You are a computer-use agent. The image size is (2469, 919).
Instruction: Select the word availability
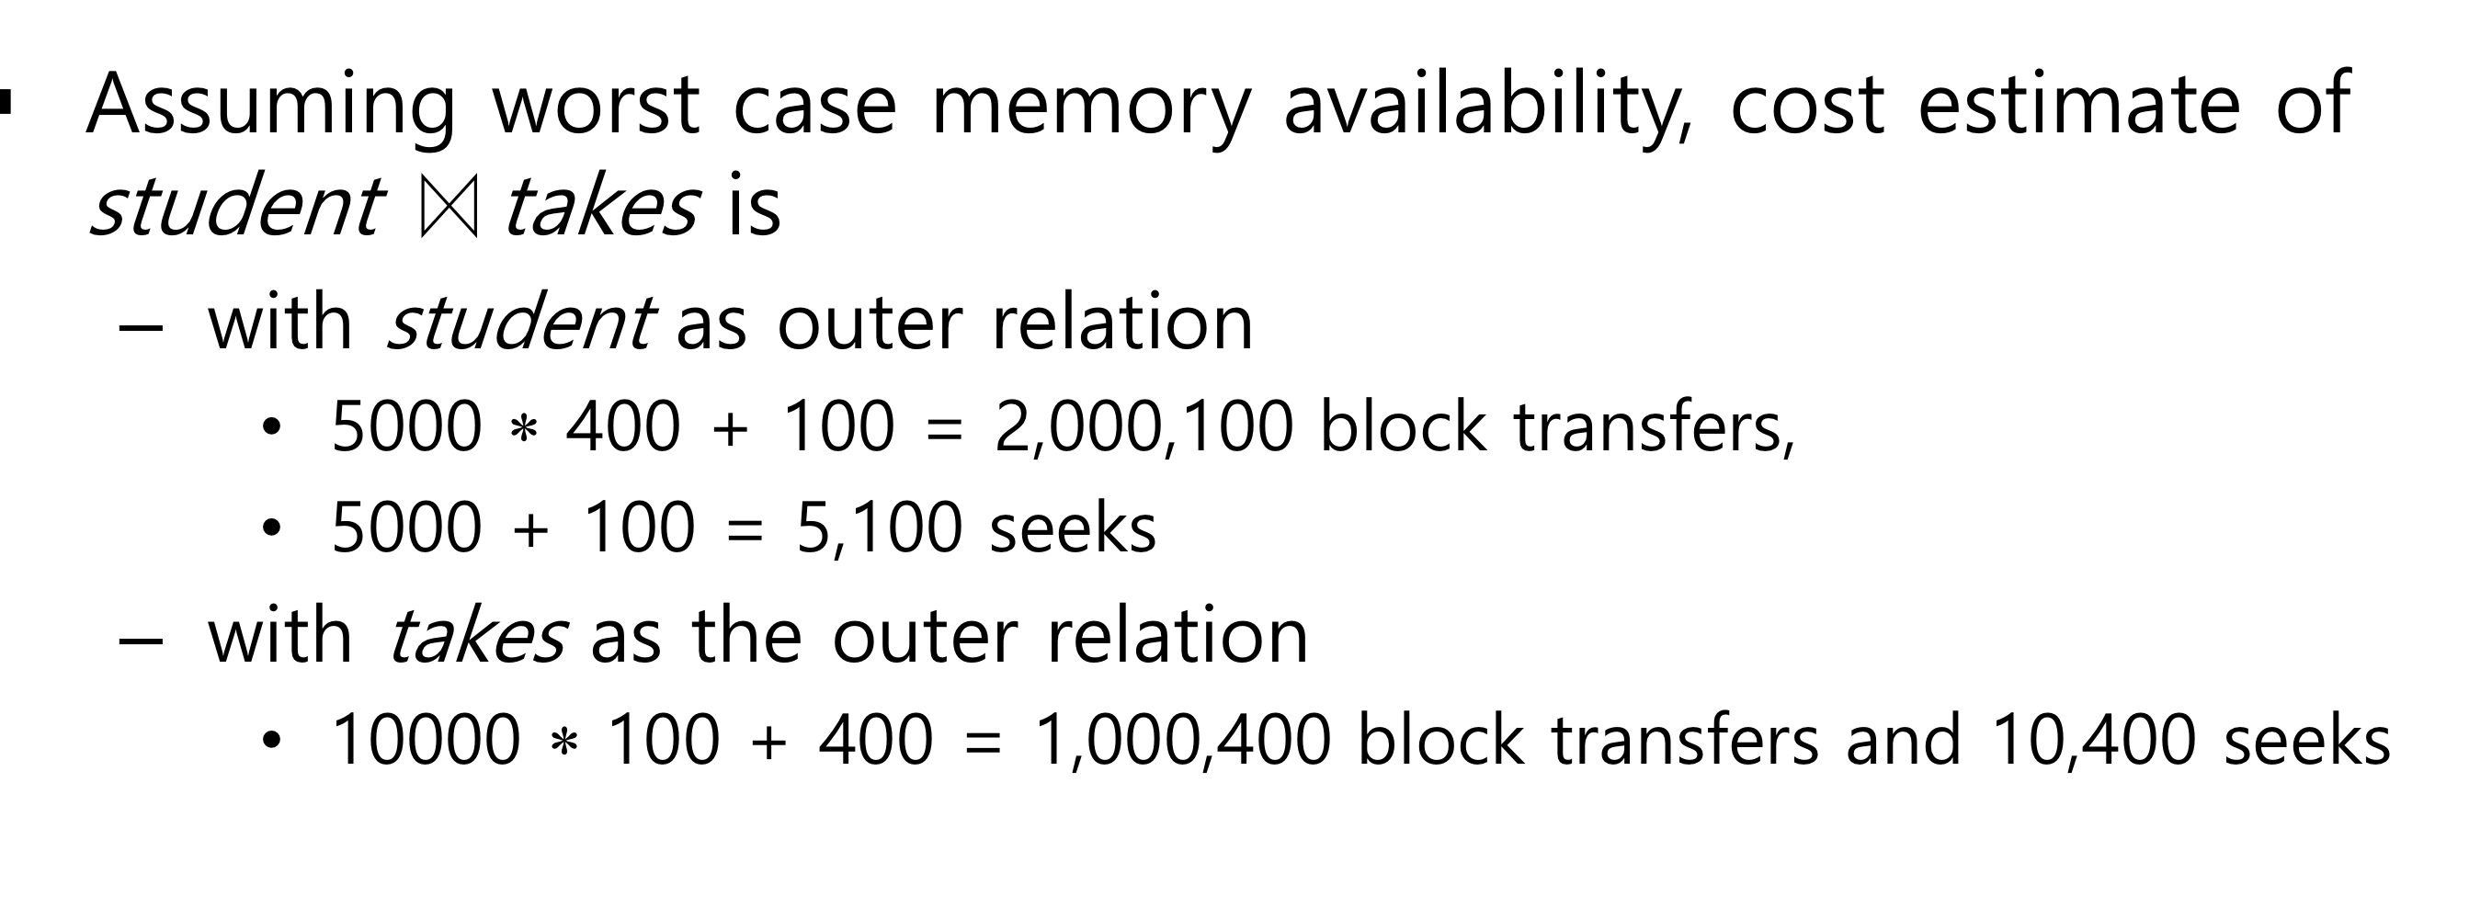1486,106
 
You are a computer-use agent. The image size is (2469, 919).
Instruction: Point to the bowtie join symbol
449,207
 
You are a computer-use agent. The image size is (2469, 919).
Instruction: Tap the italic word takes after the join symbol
601,207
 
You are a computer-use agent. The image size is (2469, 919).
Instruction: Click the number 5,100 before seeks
879,529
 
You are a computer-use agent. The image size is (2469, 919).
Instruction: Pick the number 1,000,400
1185,741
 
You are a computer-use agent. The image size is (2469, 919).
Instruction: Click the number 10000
426,741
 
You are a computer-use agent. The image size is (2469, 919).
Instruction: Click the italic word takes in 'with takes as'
478,637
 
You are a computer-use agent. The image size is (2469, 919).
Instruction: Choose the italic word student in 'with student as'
520,323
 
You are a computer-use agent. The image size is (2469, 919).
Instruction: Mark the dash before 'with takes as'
141,640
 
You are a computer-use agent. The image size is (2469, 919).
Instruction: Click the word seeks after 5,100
1073,529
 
